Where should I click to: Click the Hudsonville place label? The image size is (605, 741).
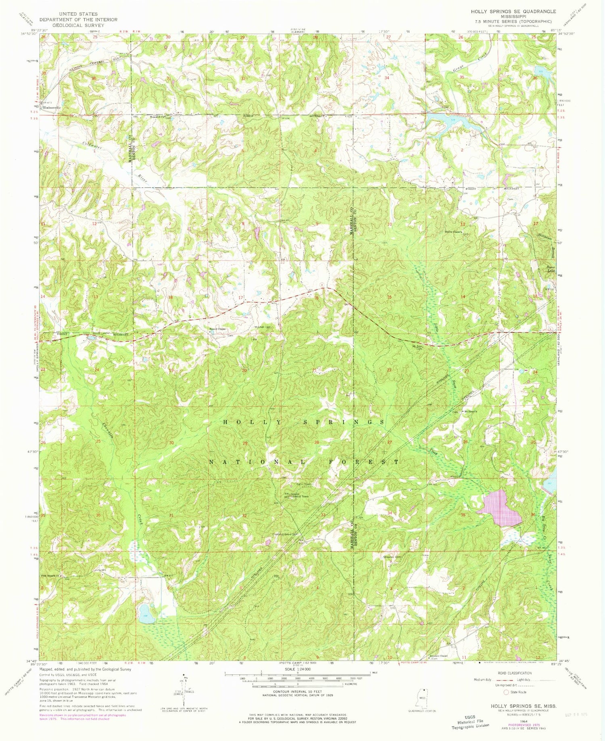[52, 108]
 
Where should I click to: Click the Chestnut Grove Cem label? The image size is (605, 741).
[288, 535]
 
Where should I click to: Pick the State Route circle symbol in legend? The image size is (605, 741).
[506, 692]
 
